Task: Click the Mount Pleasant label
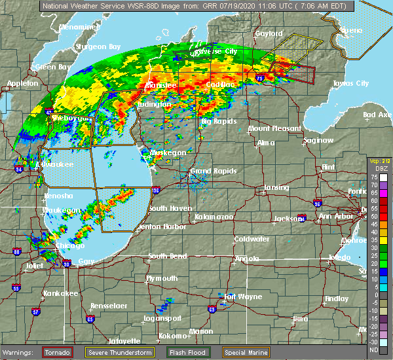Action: click(x=269, y=128)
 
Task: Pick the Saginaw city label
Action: click(x=320, y=140)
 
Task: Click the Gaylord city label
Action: click(x=269, y=33)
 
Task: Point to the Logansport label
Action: click(x=164, y=319)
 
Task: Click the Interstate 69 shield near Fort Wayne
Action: click(x=212, y=309)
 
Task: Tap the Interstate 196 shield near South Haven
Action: click(x=155, y=191)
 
